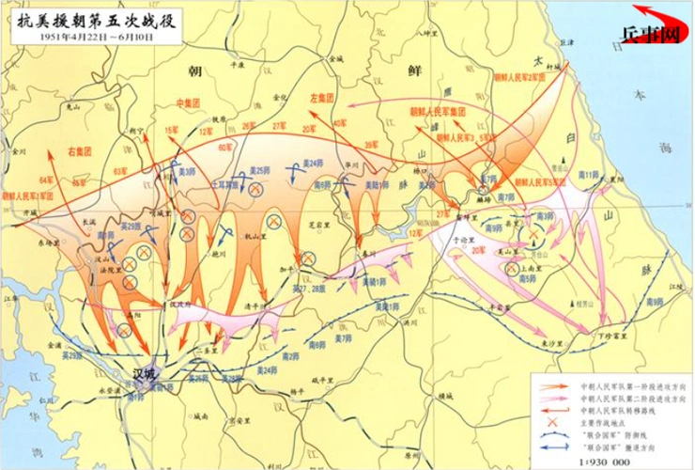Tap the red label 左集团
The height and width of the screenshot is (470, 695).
pyautogui.click(x=323, y=98)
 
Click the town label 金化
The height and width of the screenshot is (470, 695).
pyautogui.click(x=281, y=96)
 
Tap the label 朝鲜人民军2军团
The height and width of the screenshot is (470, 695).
pyautogui.click(x=523, y=76)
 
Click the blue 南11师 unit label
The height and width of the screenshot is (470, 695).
pyautogui.click(x=589, y=176)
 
